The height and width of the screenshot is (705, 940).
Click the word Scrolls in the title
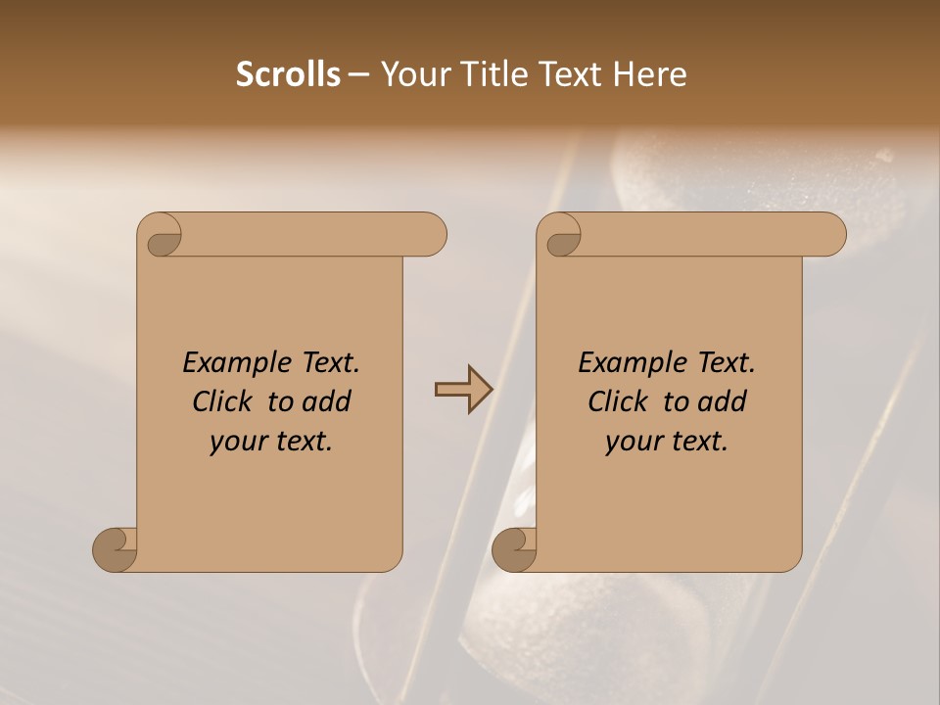pos(288,74)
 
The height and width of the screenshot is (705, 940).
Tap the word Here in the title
pos(650,74)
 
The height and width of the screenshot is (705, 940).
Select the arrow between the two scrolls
pos(463,390)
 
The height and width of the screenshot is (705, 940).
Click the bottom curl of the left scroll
pos(116,549)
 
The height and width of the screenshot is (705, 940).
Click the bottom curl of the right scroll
pos(514,549)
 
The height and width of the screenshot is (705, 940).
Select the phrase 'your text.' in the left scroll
pos(271,442)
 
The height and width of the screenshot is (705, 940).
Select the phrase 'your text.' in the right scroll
pos(667,442)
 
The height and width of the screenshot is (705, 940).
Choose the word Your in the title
pos(412,74)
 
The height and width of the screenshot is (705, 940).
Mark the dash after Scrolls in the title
pos(359,75)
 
